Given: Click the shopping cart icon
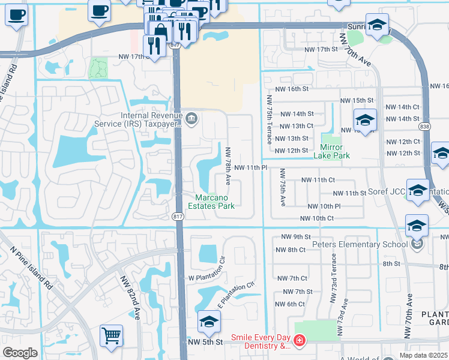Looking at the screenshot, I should click(x=112, y=335).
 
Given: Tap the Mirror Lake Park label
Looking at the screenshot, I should click(x=331, y=151).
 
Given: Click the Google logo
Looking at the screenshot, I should click(x=20, y=353).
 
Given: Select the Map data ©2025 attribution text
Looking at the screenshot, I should click(x=424, y=355).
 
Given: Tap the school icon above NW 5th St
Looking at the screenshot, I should click(x=208, y=323).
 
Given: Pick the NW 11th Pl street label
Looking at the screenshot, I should click(x=250, y=167).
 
